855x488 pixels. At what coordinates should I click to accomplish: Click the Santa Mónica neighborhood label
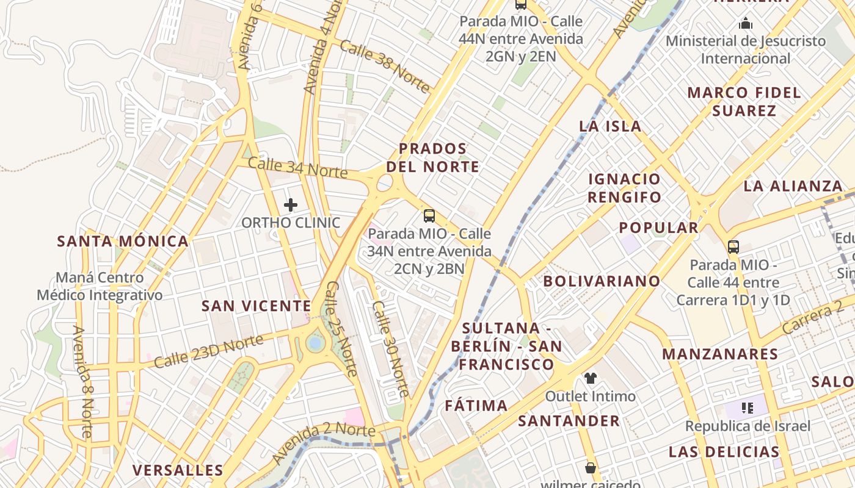[123, 241]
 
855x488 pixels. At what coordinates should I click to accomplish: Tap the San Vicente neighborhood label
[256, 306]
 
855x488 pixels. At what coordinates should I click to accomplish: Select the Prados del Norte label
[432, 157]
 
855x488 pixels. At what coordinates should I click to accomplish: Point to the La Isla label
[610, 126]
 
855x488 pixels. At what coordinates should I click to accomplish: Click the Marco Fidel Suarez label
[744, 102]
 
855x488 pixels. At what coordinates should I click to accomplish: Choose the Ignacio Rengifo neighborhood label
[624, 188]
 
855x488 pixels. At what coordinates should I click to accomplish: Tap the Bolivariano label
[602, 281]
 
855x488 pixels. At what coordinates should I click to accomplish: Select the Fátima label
[476, 406]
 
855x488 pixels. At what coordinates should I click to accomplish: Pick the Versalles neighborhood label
[178, 470]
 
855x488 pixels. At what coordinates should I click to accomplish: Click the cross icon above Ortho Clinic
[291, 205]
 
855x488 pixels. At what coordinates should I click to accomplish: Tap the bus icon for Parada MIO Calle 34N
[429, 215]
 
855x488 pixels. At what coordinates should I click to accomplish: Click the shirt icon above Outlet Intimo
[590, 378]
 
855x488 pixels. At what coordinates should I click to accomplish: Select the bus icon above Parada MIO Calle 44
[733, 247]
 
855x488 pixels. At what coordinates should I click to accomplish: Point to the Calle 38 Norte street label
[385, 66]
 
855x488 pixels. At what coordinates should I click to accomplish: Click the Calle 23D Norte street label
[208, 351]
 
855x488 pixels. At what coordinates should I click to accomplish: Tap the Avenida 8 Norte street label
[83, 382]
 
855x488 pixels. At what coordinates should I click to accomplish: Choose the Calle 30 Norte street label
[390, 348]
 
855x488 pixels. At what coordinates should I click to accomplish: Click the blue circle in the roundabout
[315, 343]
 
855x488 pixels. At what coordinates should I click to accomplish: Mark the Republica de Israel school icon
[746, 407]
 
